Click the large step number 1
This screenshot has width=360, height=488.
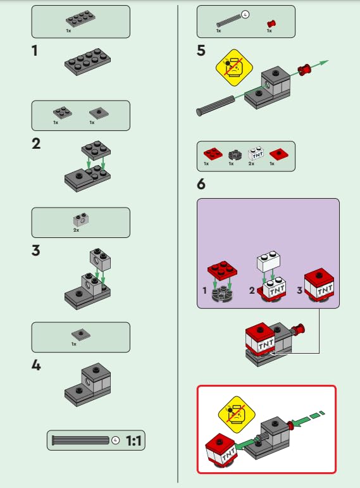click(x=37, y=51)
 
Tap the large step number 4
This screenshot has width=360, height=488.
click(x=37, y=365)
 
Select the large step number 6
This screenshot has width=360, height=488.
click(x=201, y=185)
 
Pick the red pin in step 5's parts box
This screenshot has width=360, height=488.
click(x=271, y=23)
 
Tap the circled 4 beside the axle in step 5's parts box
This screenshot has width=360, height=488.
click(x=245, y=13)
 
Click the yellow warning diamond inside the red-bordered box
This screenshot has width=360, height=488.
click(x=235, y=413)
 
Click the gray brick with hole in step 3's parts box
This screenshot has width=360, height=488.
click(x=80, y=220)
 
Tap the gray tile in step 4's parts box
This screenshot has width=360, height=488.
click(x=80, y=334)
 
